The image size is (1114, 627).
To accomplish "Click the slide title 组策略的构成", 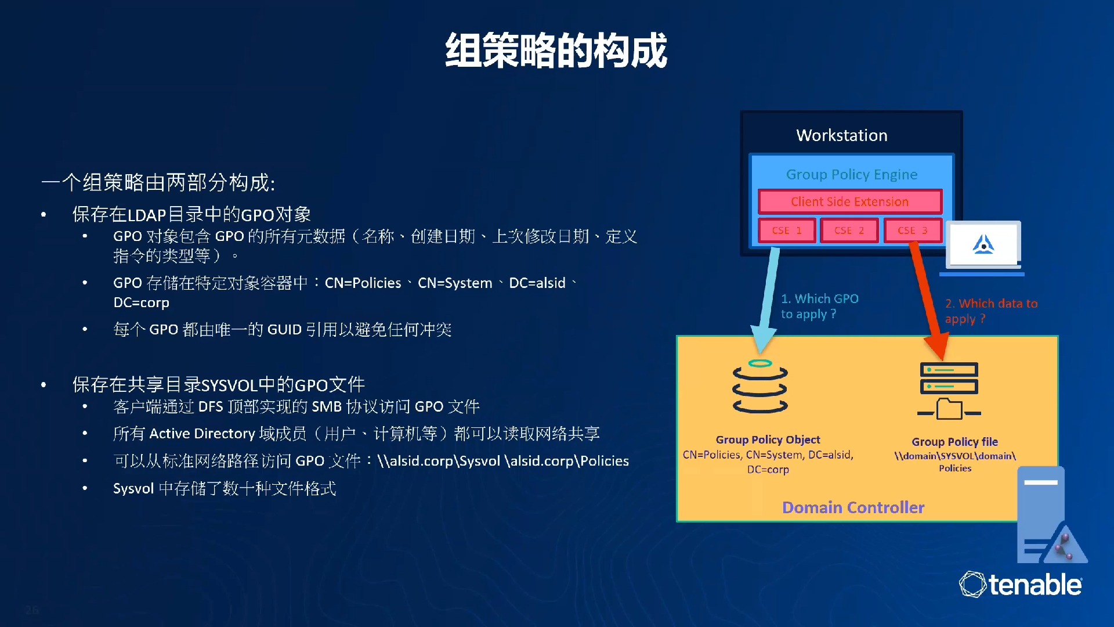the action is tap(556, 51).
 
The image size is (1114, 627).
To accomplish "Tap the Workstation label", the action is tap(842, 135).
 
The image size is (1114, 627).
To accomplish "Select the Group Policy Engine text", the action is tap(852, 175).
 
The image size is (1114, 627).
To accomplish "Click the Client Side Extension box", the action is tap(850, 201).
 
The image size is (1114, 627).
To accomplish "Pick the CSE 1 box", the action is tap(787, 230).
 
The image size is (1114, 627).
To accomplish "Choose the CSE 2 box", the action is tap(849, 230).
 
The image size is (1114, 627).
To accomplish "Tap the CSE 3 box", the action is tap(913, 230).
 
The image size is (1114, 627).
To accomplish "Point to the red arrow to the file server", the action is tap(927, 301).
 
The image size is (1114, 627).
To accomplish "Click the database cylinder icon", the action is tap(760, 387).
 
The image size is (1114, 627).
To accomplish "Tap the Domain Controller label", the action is tap(853, 507).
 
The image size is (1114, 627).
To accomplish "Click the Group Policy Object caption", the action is tap(768, 439).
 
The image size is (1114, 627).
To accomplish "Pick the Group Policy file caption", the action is tap(955, 442).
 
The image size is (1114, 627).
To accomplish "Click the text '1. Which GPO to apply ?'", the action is tap(819, 306).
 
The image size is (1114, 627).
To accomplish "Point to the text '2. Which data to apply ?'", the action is tap(991, 311).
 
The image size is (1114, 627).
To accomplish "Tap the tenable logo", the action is tap(1021, 584).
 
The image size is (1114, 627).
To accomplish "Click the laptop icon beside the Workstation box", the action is tap(983, 248).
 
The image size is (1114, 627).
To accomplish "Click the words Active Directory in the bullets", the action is tap(202, 434).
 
